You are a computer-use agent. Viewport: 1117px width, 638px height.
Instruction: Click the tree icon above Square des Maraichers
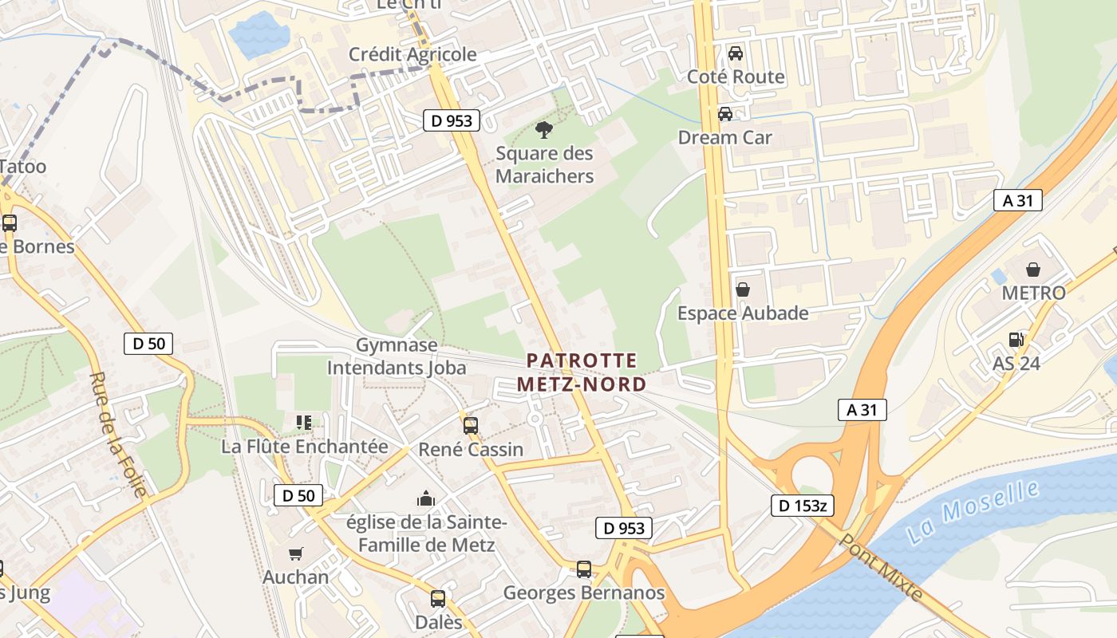[544, 128]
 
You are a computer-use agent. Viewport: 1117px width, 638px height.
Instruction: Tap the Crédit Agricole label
[412, 54]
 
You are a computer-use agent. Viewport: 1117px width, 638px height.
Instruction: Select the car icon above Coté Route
[736, 53]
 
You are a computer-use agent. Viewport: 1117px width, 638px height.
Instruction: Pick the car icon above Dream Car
[725, 114]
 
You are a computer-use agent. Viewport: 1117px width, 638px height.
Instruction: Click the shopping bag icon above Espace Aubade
[743, 289]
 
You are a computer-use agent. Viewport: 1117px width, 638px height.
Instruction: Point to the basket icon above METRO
[1033, 270]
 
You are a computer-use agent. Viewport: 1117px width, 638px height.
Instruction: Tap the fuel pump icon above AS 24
[1016, 340]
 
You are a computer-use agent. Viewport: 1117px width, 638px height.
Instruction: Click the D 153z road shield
[803, 505]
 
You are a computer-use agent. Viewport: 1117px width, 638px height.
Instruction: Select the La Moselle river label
[973, 512]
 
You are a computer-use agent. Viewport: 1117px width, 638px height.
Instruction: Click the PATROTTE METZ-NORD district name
[582, 372]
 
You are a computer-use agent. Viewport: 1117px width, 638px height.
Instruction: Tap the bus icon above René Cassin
[471, 425]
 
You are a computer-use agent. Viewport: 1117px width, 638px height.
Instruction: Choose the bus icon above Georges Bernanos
[584, 569]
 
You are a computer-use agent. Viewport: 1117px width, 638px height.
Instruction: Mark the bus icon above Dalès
[438, 598]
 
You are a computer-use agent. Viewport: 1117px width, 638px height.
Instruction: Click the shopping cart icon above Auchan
[296, 553]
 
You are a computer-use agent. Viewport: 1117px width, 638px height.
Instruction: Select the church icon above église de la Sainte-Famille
[426, 499]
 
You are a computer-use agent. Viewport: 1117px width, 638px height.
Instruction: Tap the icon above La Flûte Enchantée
[304, 422]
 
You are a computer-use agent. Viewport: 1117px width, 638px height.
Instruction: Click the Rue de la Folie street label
[118, 435]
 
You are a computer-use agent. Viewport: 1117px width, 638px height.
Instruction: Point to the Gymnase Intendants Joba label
[397, 356]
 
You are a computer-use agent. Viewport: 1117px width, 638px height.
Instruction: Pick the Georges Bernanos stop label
[584, 593]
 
